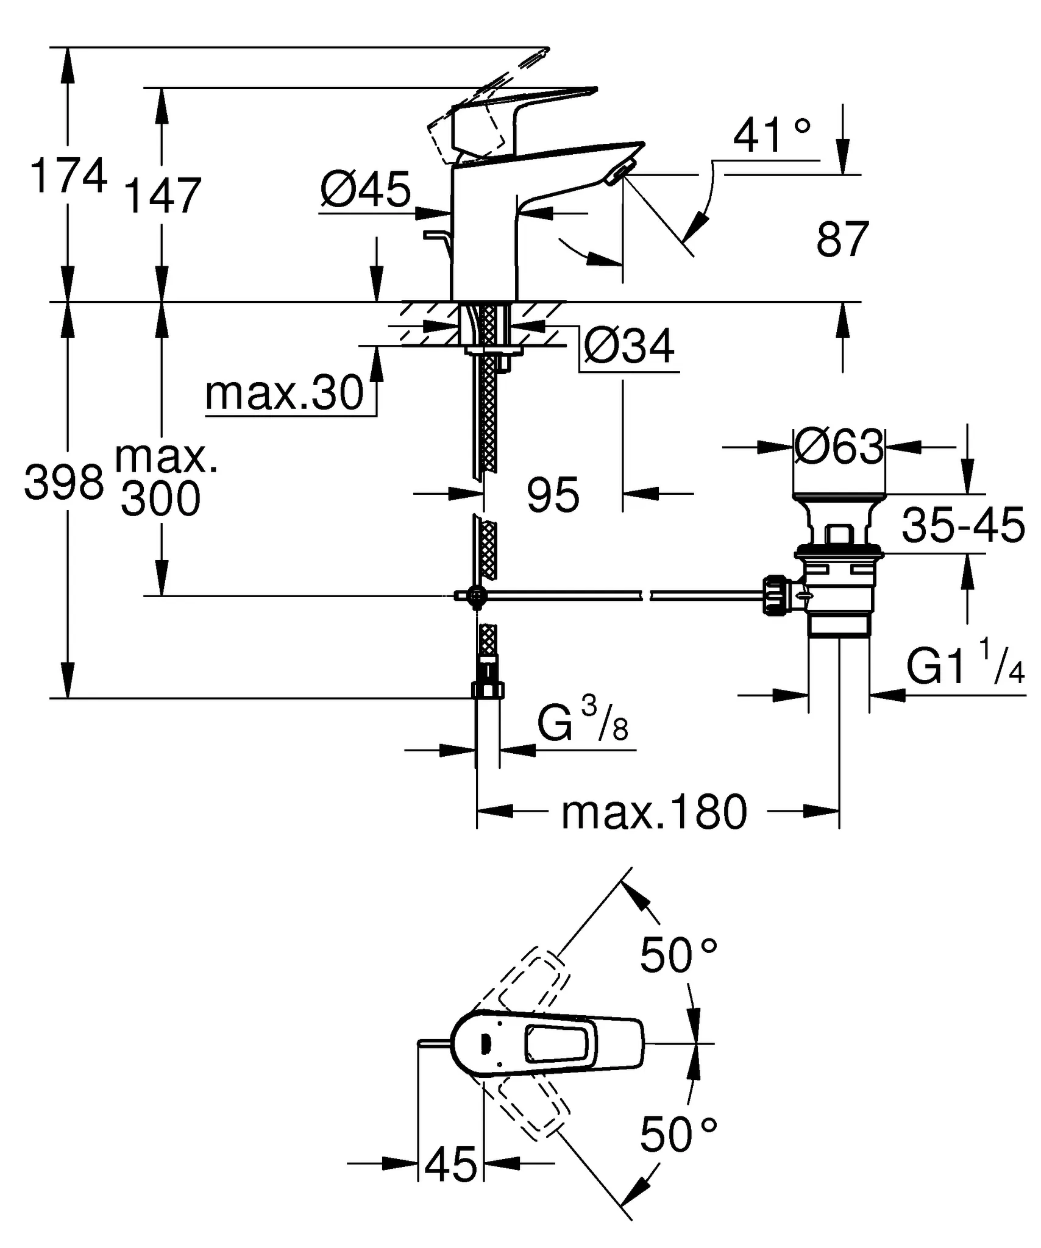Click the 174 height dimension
coord(68,177)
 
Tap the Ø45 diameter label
coord(366,190)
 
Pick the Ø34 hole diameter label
coord(629,347)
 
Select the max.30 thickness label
coord(285,394)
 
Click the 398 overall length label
coord(64,482)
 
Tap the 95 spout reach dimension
coord(553,495)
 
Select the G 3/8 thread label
coord(582,721)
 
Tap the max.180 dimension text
coord(653,812)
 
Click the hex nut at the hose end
coord(488,690)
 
